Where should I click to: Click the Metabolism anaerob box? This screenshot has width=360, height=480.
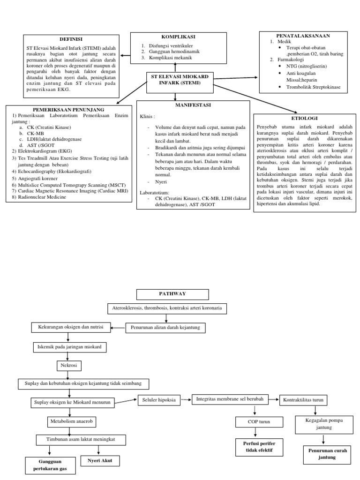click(x=72, y=422)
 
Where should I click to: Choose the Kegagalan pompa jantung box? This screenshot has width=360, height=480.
click(x=323, y=424)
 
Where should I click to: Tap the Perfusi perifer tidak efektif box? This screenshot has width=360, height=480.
click(x=254, y=447)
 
